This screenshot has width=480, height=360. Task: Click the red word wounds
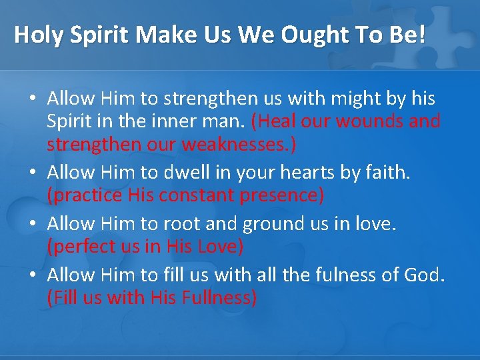click(372, 121)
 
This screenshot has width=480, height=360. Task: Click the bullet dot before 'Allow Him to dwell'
click(32, 173)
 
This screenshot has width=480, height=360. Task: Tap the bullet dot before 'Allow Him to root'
click(32, 224)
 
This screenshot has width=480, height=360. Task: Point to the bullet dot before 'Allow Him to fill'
click(32, 275)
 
